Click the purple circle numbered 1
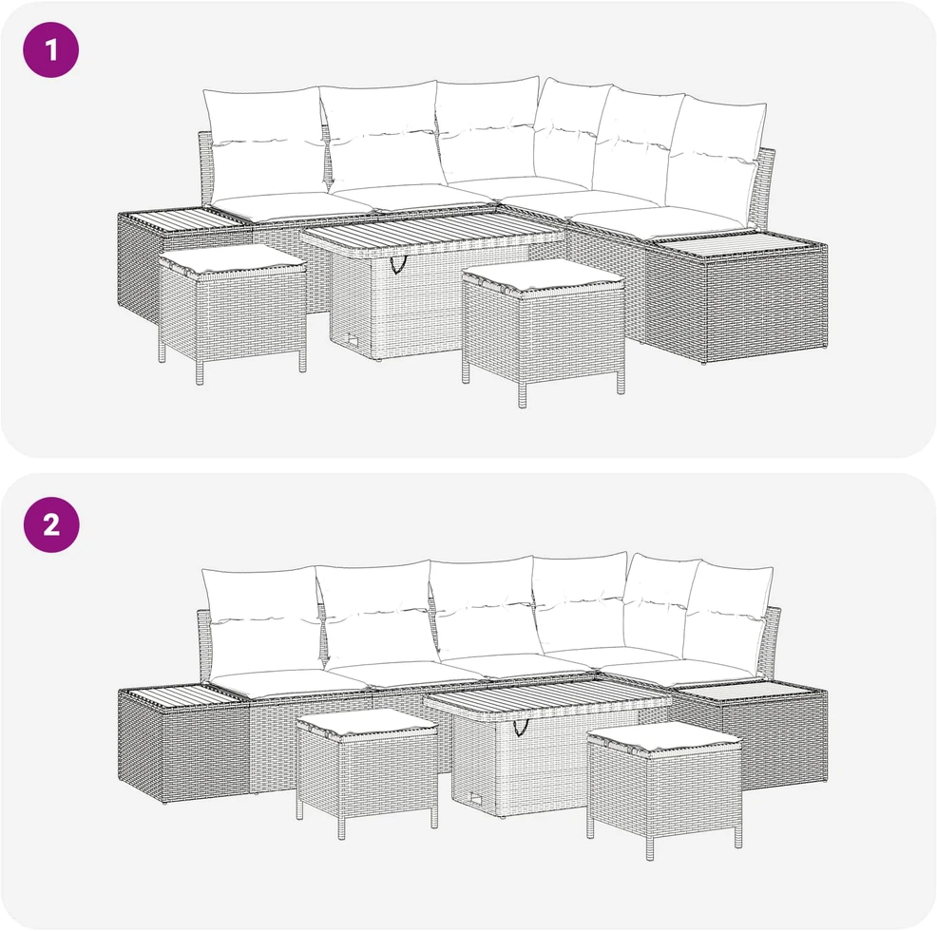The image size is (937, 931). [50, 49]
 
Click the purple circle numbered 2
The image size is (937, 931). [50, 524]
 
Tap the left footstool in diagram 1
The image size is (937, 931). [233, 311]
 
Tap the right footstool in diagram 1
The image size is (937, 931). [544, 329]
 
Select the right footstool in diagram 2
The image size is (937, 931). [664, 786]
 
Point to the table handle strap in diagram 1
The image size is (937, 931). [398, 264]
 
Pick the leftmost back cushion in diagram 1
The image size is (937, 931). [265, 145]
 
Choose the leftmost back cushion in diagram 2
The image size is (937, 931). [261, 622]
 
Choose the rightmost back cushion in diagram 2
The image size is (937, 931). [729, 618]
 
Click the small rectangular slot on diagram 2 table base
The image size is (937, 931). [475, 797]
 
